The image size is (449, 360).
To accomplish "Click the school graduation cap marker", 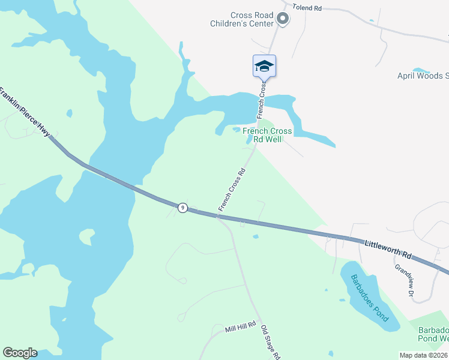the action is pos(264,65).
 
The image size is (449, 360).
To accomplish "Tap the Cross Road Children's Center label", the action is pos(252,19).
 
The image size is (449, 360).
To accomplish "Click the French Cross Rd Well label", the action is pos(267,136).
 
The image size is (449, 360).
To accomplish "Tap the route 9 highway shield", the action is pos(182,208).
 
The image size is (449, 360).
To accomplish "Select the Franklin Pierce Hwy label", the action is pos(25,112).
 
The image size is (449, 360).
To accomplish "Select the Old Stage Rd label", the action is pos(271,343).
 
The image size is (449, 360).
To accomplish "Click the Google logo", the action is pos(20,353).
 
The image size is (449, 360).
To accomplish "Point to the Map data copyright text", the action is pos(423,355).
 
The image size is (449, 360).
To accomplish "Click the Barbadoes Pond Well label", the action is pos(433,335).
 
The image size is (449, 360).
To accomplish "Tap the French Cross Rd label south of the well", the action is pos(232,188).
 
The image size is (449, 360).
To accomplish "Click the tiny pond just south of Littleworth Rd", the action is pos(256,236).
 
